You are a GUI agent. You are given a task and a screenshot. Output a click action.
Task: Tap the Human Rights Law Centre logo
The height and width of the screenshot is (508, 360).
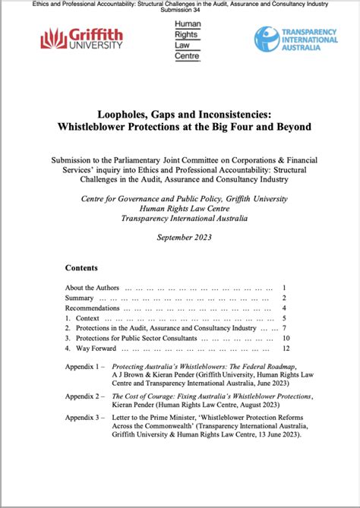[186, 39]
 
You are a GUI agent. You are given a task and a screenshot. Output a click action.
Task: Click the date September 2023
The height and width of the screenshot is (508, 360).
[179, 237]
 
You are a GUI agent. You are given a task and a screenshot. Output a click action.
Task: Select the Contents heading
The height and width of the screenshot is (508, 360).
[81, 268]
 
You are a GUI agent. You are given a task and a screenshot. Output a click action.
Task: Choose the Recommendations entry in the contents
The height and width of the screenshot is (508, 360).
[93, 308]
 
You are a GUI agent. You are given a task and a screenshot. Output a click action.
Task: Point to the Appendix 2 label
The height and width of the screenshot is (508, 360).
[85, 396]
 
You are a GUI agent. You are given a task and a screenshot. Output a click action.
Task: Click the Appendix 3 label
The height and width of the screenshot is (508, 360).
[85, 418]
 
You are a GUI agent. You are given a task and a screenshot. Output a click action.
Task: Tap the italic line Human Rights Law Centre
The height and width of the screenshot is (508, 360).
[179, 209]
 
